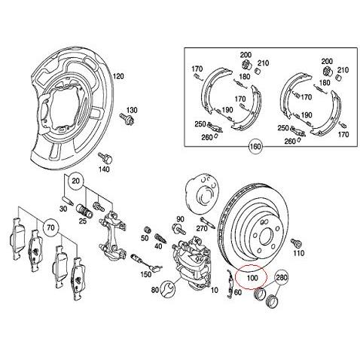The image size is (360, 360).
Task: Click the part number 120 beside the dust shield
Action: [x=118, y=78]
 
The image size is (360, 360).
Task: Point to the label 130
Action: [x=131, y=111]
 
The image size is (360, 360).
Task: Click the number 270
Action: [x=201, y=227]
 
